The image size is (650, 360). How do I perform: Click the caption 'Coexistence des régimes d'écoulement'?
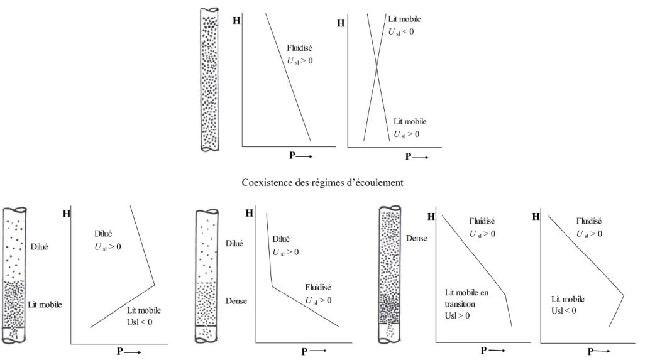322,182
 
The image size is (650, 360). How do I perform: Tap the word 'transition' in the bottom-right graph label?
460,303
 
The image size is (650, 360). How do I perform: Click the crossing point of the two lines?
377,67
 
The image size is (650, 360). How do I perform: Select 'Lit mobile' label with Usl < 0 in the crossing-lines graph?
404,19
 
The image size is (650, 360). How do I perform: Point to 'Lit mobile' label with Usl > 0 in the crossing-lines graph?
410,121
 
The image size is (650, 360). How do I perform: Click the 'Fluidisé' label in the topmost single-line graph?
299,48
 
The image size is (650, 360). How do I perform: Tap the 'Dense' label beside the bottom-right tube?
416,238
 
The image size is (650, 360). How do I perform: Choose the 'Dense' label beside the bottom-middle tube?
236,301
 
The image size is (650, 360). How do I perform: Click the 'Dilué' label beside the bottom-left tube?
39,247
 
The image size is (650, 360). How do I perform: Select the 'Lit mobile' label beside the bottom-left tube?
45,305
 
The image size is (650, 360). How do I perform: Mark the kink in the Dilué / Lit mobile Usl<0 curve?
154,285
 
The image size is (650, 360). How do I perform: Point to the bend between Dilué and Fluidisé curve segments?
272,286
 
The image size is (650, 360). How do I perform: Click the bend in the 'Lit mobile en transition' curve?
505,295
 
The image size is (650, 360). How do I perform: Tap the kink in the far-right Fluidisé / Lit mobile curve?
624,295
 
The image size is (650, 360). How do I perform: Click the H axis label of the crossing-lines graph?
341,23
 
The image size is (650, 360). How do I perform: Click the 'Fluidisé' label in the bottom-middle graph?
318,287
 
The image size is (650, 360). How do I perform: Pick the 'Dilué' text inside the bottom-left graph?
103,234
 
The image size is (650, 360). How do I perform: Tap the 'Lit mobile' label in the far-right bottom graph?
568,298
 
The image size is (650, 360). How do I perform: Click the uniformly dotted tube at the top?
209,79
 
